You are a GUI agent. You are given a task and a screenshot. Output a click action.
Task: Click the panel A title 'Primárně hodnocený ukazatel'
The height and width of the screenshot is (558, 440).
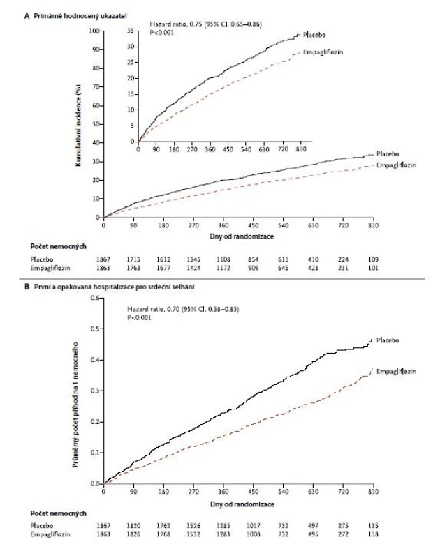(x=80, y=15)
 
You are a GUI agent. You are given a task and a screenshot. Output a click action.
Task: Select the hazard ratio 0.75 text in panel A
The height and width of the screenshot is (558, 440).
(x=205, y=24)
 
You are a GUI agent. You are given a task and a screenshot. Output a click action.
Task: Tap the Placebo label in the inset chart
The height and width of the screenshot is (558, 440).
(x=314, y=35)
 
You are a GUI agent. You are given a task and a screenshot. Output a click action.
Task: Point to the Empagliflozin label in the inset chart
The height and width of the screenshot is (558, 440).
(x=323, y=52)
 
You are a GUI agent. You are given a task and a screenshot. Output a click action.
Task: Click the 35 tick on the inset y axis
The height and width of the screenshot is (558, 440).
(x=131, y=31)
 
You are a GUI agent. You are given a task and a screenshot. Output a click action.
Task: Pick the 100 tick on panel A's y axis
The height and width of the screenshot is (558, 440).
(x=94, y=31)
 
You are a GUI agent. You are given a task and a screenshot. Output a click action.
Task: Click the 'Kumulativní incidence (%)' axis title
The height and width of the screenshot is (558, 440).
(x=78, y=126)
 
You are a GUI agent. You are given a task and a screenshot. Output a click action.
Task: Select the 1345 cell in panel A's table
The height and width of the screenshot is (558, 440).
(x=193, y=259)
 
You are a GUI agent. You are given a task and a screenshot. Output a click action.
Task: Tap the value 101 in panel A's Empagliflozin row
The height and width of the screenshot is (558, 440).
(x=373, y=268)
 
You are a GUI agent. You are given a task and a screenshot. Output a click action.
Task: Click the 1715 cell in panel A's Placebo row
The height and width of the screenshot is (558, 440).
(x=133, y=259)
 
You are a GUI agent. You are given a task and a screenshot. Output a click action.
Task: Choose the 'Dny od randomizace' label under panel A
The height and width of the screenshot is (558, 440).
(x=242, y=236)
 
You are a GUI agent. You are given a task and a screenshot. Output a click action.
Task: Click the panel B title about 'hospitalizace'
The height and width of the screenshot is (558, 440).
(x=114, y=287)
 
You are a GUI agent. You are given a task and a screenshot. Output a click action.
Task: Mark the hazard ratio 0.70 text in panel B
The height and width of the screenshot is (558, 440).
(x=183, y=309)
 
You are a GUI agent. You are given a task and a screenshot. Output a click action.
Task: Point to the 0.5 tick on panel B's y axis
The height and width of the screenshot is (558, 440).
(x=95, y=329)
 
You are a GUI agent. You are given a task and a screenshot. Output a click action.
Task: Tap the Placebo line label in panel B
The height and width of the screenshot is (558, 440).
(x=388, y=340)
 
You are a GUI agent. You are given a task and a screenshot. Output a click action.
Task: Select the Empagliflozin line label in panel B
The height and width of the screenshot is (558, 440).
(x=396, y=371)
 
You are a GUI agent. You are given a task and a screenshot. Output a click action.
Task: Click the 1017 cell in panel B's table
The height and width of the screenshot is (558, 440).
(x=254, y=526)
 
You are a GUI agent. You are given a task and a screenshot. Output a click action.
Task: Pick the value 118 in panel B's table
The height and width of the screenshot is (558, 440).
(x=373, y=534)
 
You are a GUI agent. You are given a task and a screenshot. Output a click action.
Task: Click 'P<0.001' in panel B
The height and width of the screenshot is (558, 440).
(x=139, y=317)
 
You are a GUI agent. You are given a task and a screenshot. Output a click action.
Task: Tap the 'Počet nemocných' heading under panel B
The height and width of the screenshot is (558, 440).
(x=59, y=513)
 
